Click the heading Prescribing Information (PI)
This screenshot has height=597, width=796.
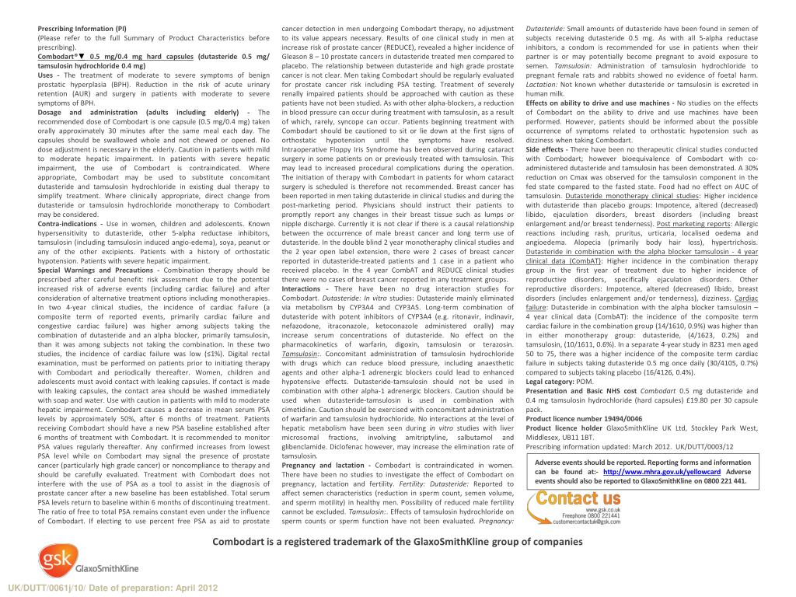coord(82,29)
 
